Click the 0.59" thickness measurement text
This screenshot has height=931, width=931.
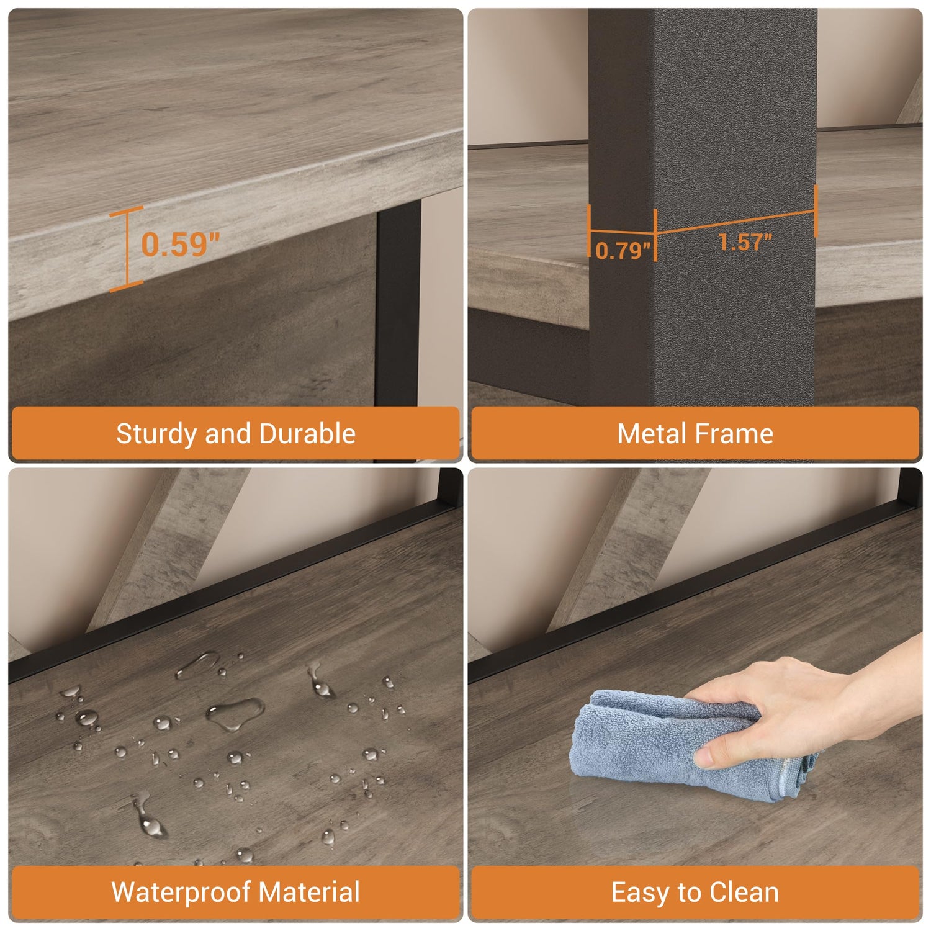pos(180,244)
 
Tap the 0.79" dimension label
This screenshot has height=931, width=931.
pos(623,250)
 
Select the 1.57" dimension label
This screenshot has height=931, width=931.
pos(745,241)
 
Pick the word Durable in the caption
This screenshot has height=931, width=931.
pos(307,433)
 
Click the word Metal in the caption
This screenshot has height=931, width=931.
pos(652,433)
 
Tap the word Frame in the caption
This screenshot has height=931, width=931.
pos(734,433)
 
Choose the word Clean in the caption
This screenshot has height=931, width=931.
pos(744,892)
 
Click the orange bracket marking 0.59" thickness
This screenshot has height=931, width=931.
pos(127,250)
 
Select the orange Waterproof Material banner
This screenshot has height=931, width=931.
pos(236,893)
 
